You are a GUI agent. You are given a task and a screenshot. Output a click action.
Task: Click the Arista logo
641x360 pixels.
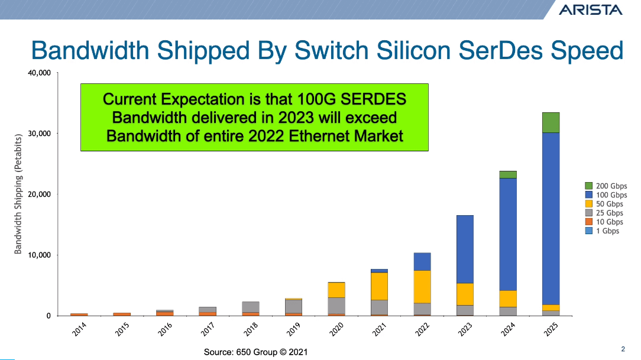590,9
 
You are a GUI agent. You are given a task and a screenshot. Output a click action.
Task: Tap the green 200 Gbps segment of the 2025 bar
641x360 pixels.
551,122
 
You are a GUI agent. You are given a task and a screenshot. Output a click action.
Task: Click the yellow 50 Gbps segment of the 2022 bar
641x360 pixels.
422,287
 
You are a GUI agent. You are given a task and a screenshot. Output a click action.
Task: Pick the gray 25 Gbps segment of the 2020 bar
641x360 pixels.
336,306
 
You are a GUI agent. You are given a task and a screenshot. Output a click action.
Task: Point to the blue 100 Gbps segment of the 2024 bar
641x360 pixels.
508,234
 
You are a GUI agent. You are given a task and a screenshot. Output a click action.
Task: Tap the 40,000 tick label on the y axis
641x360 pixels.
39,73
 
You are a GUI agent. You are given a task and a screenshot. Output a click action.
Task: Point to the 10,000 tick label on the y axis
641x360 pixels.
39,255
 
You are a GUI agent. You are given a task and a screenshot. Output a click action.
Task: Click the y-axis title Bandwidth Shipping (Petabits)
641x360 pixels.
18,194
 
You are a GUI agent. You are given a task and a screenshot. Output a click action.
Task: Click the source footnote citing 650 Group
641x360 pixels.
255,352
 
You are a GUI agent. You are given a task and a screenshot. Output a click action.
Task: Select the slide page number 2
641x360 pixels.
623,348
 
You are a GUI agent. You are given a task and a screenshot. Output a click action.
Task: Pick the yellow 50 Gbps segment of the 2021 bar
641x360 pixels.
379,286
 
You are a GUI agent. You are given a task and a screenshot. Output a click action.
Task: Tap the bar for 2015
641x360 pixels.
122,314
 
